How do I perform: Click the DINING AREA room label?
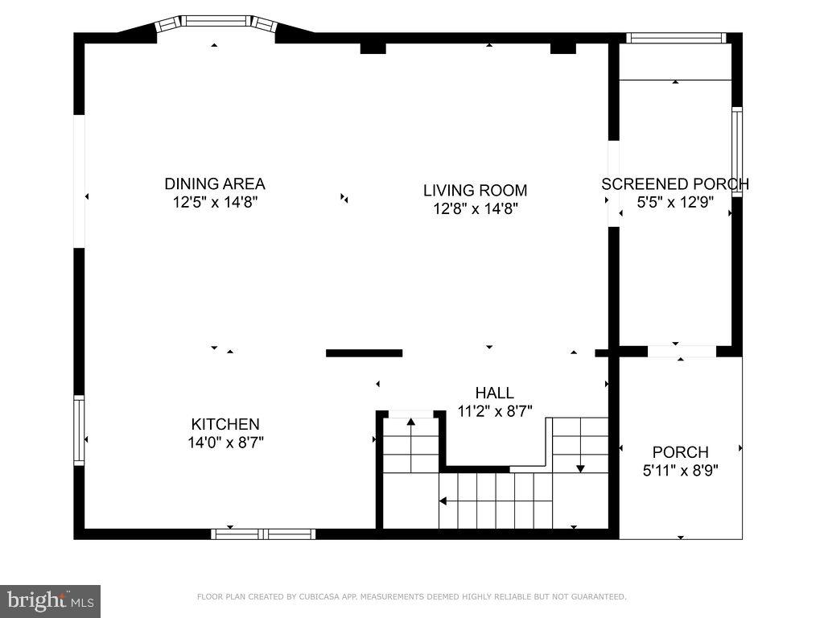pyautogui.click(x=215, y=183)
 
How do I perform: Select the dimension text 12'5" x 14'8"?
pyautogui.click(x=215, y=202)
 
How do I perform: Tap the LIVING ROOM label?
pyautogui.click(x=475, y=191)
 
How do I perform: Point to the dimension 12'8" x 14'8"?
pyautogui.click(x=475, y=209)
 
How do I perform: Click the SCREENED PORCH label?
pyautogui.click(x=675, y=184)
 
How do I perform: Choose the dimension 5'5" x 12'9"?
pyautogui.click(x=675, y=203)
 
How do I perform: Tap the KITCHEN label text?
pyautogui.click(x=225, y=424)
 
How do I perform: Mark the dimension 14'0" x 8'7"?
pyautogui.click(x=225, y=442)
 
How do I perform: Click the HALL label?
pyautogui.click(x=494, y=393)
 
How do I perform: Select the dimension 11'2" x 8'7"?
pyautogui.click(x=494, y=410)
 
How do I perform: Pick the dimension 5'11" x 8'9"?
pyautogui.click(x=681, y=470)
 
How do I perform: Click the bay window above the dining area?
pyautogui.click(x=215, y=21)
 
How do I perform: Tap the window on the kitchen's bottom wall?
pyautogui.click(x=263, y=534)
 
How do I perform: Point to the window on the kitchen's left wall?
pyautogui.click(x=79, y=430)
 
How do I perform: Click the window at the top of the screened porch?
pyautogui.click(x=676, y=37)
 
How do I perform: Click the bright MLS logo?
pyautogui.click(x=50, y=600)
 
